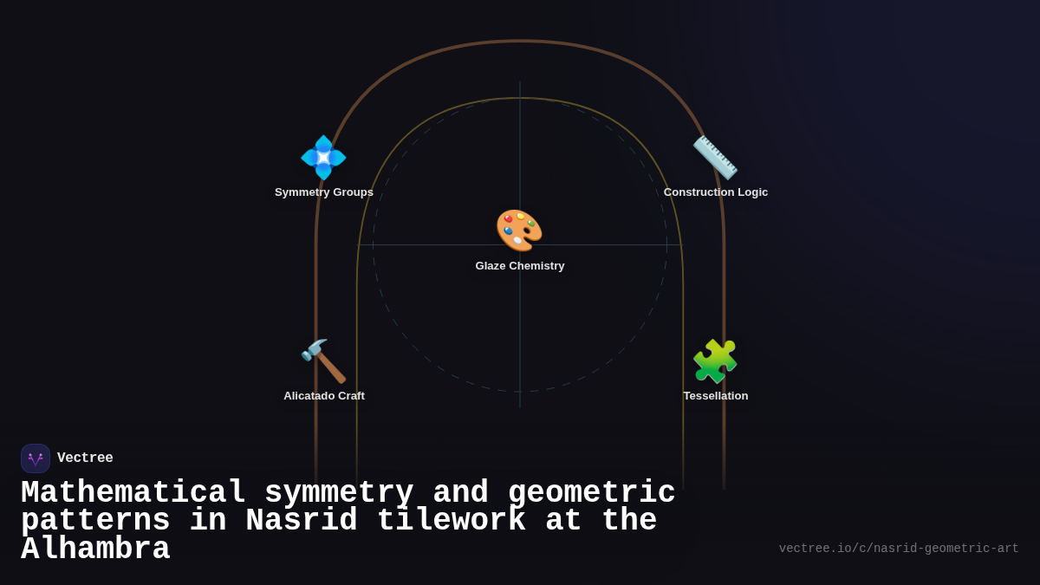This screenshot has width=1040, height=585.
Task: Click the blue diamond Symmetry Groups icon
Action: pyautogui.click(x=323, y=158)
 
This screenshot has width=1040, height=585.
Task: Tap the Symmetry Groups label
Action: pyautogui.click(x=324, y=192)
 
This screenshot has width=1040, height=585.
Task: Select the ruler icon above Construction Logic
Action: pyautogui.click(x=715, y=158)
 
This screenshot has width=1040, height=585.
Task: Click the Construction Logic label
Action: pyautogui.click(x=716, y=192)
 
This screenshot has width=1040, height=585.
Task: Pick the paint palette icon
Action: pyautogui.click(x=519, y=231)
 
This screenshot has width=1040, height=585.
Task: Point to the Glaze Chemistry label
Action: pyautogui.click(x=520, y=266)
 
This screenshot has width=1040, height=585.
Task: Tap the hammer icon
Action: pyautogui.click(x=323, y=361)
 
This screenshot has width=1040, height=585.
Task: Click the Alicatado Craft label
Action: pyautogui.click(x=324, y=396)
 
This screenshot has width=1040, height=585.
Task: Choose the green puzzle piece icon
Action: pyautogui.click(x=715, y=361)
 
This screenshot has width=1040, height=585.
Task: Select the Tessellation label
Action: pyautogui.click(x=716, y=396)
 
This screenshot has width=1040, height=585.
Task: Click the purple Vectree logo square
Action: pyautogui.click(x=36, y=458)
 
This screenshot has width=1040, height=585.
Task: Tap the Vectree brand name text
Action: pyautogui.click(x=85, y=458)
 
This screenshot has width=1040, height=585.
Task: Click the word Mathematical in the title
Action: pyautogui.click(x=133, y=493)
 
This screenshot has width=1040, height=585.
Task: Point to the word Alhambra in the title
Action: pyautogui.click(x=95, y=549)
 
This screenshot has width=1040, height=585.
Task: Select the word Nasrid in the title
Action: pyautogui.click(x=302, y=521)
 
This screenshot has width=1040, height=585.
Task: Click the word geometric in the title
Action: pyautogui.click(x=592, y=493)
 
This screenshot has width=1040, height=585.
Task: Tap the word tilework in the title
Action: pyautogui.click(x=451, y=521)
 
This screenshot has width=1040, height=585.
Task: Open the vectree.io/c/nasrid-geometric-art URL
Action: pyautogui.click(x=899, y=549)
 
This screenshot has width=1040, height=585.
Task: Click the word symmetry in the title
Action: pyautogui.click(x=339, y=493)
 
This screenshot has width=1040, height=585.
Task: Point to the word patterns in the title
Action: pyautogui.click(x=95, y=521)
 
